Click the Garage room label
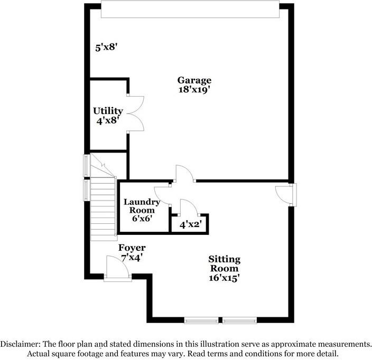click(x=194, y=80)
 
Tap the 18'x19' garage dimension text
click(x=194, y=90)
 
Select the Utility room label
click(x=108, y=111)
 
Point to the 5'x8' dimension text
click(x=106, y=48)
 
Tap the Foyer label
click(x=132, y=248)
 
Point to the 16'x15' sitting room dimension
click(x=224, y=277)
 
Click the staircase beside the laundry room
click(x=103, y=206)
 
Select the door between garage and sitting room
click(x=184, y=174)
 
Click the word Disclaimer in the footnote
click(x=20, y=344)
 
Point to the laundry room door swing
click(x=162, y=195)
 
